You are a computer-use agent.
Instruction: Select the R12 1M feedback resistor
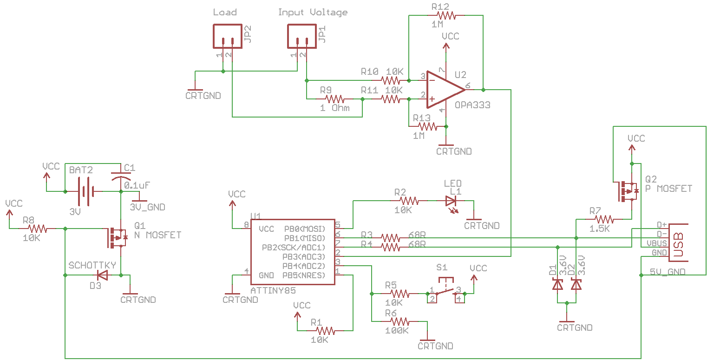point(445,15)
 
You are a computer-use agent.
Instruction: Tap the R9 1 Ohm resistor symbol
point(334,99)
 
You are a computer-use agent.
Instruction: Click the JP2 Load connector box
point(227,36)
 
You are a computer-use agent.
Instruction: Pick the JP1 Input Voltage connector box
point(302,36)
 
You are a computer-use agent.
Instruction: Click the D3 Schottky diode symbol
point(102,275)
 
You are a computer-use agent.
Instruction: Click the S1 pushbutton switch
point(445,291)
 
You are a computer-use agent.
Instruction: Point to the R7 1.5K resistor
point(604,219)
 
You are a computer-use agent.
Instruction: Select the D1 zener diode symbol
point(557,284)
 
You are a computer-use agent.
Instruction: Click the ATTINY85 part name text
point(273,290)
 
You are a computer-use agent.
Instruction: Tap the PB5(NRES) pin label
point(304,275)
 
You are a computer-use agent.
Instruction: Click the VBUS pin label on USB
point(656,243)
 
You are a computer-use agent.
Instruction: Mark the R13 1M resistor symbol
point(428,126)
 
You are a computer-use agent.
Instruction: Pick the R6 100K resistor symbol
point(399,321)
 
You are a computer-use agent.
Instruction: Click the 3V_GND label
point(147,207)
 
